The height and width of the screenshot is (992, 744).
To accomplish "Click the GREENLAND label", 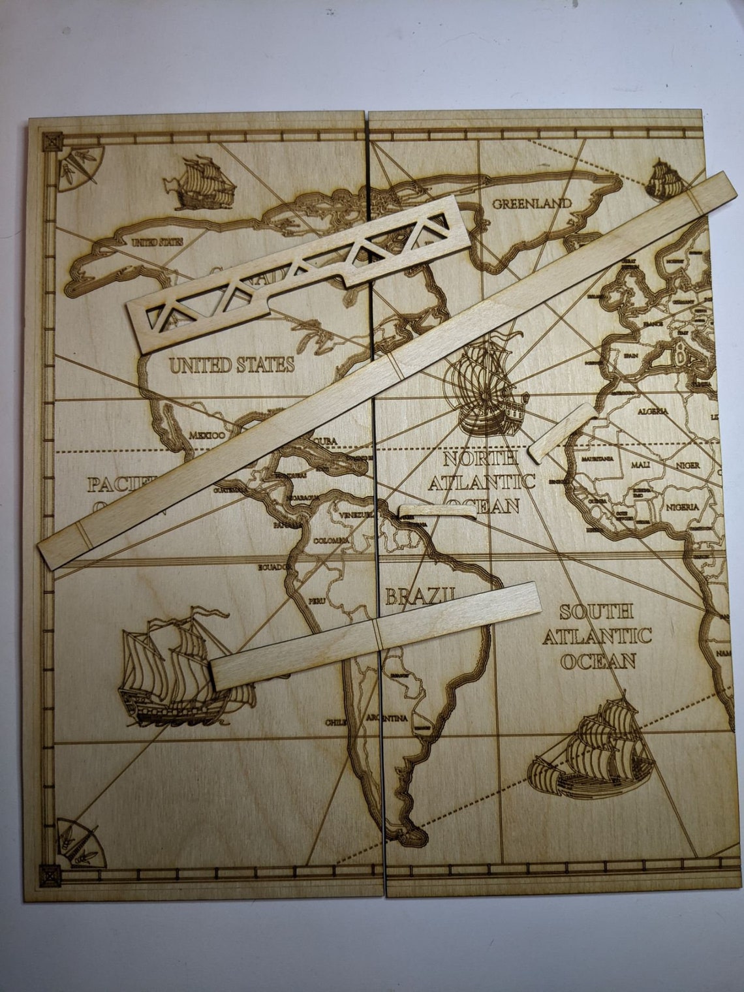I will pos(532,203).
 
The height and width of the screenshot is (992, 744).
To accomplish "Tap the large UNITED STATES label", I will pos(232,365).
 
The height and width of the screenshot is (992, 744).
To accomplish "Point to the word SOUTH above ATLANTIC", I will pos(596,612).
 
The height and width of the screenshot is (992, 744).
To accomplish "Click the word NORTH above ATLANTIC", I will pos(481,459).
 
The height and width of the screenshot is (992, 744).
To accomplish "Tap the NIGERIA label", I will pos(682,507).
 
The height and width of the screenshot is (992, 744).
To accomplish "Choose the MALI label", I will pos(640,465).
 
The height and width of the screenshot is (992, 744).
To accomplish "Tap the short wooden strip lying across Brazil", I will pos(376,634).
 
